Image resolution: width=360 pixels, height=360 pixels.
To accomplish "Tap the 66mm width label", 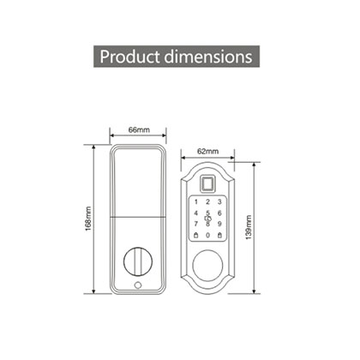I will [x=139, y=129].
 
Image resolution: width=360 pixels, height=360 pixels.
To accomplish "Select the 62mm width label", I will [x=207, y=150].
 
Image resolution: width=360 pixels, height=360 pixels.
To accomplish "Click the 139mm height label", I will [x=247, y=227].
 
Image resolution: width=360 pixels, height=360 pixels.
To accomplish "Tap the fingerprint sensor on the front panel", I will [x=207, y=182].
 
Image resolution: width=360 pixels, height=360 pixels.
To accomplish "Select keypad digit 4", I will [x=195, y=213].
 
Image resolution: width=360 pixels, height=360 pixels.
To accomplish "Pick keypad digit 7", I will [x=195, y=225].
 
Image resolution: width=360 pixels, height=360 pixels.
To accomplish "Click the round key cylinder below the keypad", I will [x=207, y=265].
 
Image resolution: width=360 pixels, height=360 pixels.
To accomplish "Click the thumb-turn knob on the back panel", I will [x=138, y=258].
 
